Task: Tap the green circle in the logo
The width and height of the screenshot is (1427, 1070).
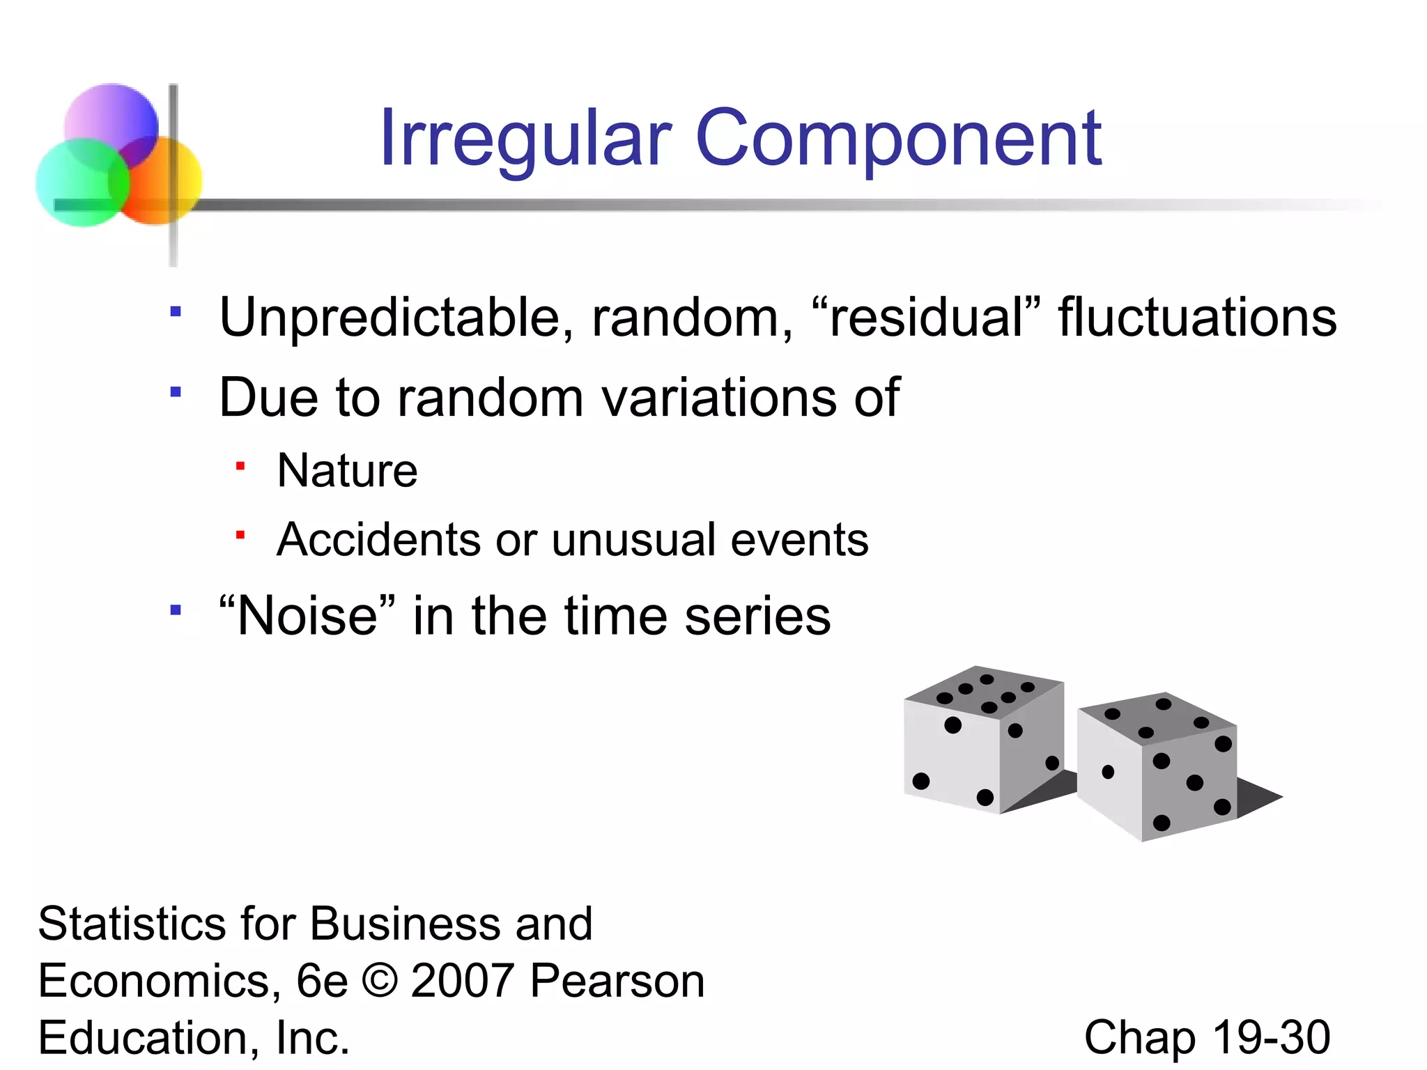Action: pyautogui.click(x=77, y=185)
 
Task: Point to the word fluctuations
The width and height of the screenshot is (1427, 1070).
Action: pyautogui.click(x=1197, y=317)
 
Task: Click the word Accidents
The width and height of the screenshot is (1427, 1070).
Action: pyautogui.click(x=378, y=540)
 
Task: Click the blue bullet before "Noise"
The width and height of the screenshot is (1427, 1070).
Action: pyautogui.click(x=176, y=611)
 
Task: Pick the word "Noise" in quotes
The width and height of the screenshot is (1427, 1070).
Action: pyautogui.click(x=307, y=616)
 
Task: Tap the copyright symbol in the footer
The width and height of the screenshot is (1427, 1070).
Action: pyautogui.click(x=380, y=981)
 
